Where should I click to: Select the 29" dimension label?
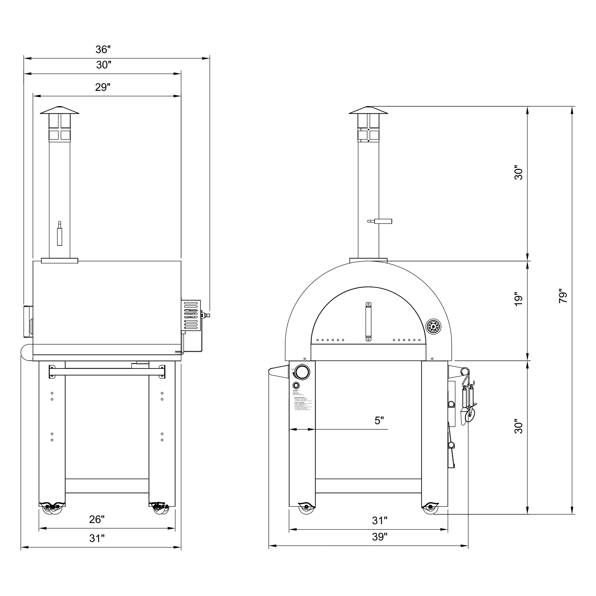(102, 88)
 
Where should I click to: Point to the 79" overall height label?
(563, 296)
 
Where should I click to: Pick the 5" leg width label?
(379, 421)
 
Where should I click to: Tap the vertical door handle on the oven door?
(368, 322)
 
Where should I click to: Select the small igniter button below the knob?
(296, 386)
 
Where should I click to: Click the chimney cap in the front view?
(368, 111)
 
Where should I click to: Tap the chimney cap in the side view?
(60, 111)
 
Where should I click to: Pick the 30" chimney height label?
(519, 174)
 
